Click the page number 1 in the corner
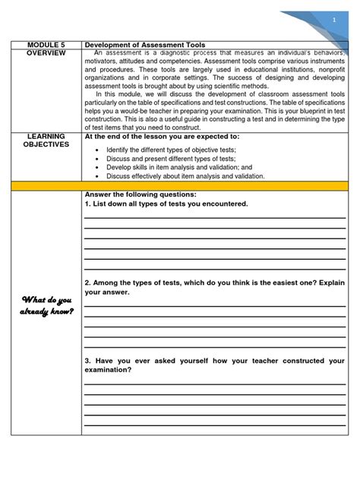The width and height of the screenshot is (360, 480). tap(333, 20)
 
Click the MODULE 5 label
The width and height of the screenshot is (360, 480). tap(46, 45)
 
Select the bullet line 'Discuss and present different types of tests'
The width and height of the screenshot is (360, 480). tap(171, 159)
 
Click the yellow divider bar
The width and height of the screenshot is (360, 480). tap(179, 185)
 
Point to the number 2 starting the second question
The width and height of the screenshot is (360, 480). tap(87, 283)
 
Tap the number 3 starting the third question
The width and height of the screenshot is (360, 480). tap(87, 361)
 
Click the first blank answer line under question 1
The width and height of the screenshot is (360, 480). tap(215, 218)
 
